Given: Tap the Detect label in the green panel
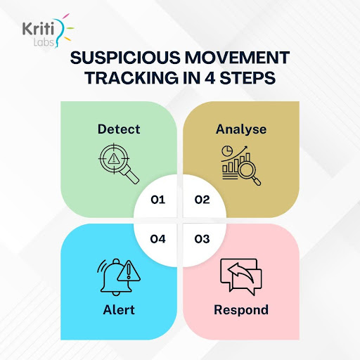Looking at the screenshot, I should [x=119, y=129].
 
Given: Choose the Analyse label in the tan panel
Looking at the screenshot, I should [x=241, y=129].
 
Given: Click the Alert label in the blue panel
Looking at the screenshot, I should [x=118, y=309].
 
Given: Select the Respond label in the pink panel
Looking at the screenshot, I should [x=241, y=309].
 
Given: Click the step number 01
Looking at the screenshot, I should [x=157, y=199].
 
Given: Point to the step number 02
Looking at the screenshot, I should [x=202, y=199].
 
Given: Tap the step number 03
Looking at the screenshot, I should [x=202, y=239].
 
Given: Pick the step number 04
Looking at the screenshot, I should [x=157, y=239].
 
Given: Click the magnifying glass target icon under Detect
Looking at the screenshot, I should [x=117, y=164].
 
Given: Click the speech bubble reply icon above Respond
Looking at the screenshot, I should [x=240, y=276].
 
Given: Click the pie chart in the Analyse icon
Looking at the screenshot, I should [x=228, y=153].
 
